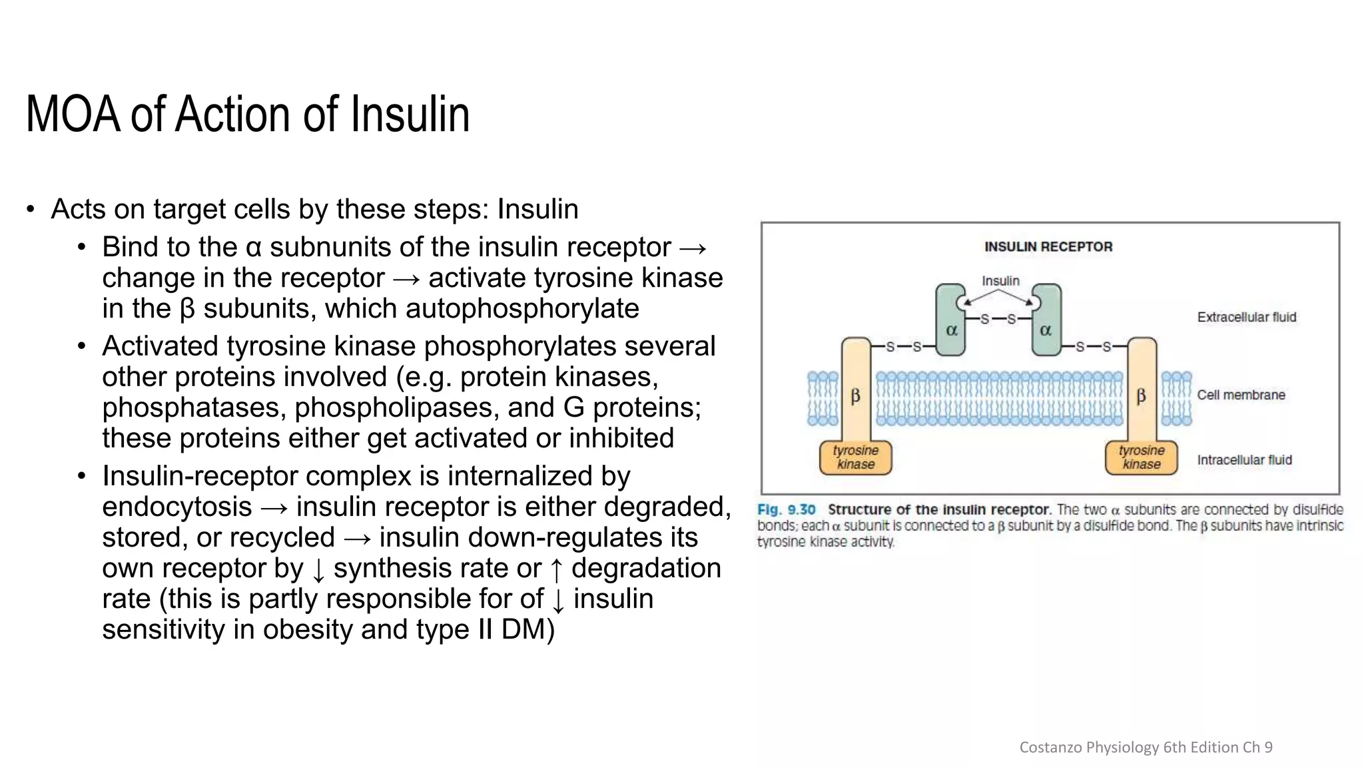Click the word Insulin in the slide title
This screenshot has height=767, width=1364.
click(x=410, y=115)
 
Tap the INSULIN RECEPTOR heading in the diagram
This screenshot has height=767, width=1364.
click(x=1048, y=247)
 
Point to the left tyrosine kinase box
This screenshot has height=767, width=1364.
click(x=856, y=457)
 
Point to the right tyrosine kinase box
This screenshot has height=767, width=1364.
click(x=1142, y=457)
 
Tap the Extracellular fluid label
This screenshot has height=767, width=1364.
click(x=1247, y=318)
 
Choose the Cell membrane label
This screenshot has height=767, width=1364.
click(x=1241, y=395)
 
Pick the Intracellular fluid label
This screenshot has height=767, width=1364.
click(x=1244, y=460)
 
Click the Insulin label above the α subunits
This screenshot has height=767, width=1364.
click(x=1000, y=281)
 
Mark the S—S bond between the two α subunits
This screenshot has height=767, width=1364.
click(x=998, y=319)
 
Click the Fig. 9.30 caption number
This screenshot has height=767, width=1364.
click(x=787, y=510)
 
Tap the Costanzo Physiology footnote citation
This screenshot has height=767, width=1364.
click(x=1146, y=747)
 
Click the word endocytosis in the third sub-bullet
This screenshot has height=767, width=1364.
click(x=177, y=507)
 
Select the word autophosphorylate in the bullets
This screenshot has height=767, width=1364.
click(x=522, y=309)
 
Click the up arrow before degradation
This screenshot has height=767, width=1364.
click(x=557, y=569)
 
